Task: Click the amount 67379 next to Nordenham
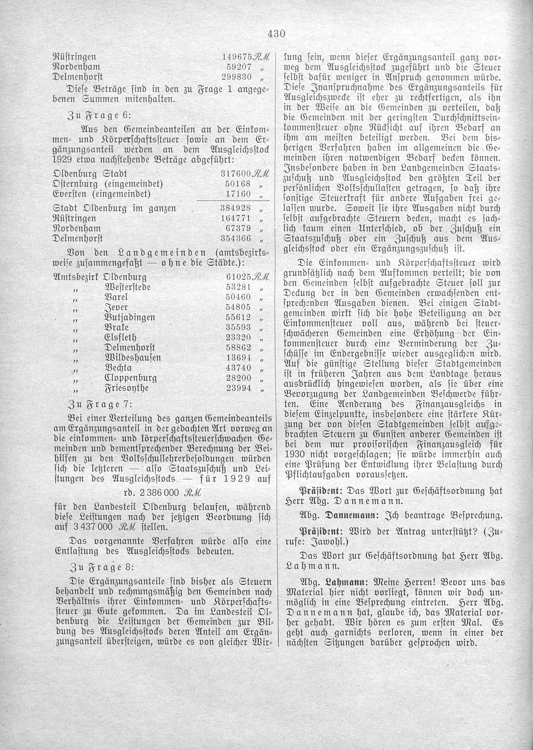coord(239,228)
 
